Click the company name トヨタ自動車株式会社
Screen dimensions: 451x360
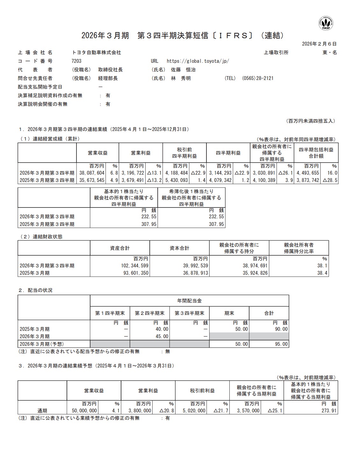(x=97, y=53)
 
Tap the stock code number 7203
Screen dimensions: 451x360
(x=76, y=61)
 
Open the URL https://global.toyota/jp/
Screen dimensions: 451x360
(x=198, y=61)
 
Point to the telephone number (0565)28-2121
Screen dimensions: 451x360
(x=258, y=78)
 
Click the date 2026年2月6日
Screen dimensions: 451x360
(x=319, y=44)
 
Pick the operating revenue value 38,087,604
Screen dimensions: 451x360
(x=91, y=173)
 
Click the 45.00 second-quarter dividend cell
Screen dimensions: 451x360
(x=162, y=337)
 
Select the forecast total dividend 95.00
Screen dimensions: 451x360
(x=280, y=344)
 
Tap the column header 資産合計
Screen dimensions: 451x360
(x=120, y=248)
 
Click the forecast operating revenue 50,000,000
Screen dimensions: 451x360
(x=82, y=411)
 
